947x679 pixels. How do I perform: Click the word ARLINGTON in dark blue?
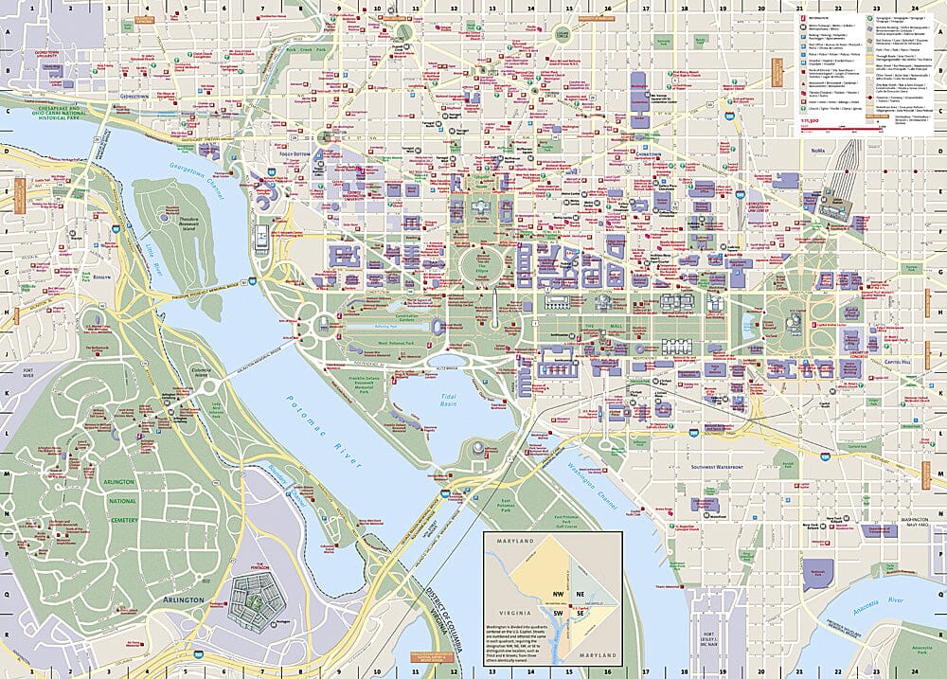[183, 599]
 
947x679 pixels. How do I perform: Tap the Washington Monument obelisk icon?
[493, 303]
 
